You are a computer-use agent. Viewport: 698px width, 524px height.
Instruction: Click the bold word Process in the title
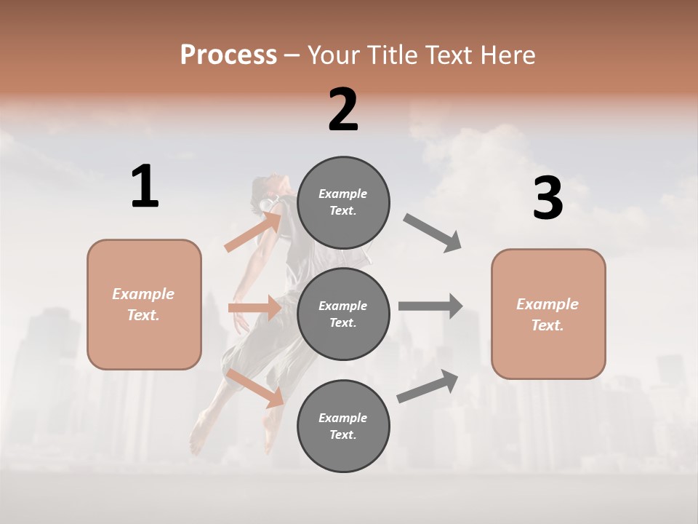tap(228, 55)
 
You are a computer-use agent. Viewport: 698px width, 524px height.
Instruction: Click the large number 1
tap(144, 186)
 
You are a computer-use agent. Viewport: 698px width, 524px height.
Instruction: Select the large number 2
tap(343, 109)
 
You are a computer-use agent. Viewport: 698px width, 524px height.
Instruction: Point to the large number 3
tap(547, 198)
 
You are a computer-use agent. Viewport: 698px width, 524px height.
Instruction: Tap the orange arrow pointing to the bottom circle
tap(254, 387)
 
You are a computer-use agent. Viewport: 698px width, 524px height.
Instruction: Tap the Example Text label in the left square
tap(143, 304)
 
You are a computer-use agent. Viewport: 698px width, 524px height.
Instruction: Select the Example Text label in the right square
tap(547, 314)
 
